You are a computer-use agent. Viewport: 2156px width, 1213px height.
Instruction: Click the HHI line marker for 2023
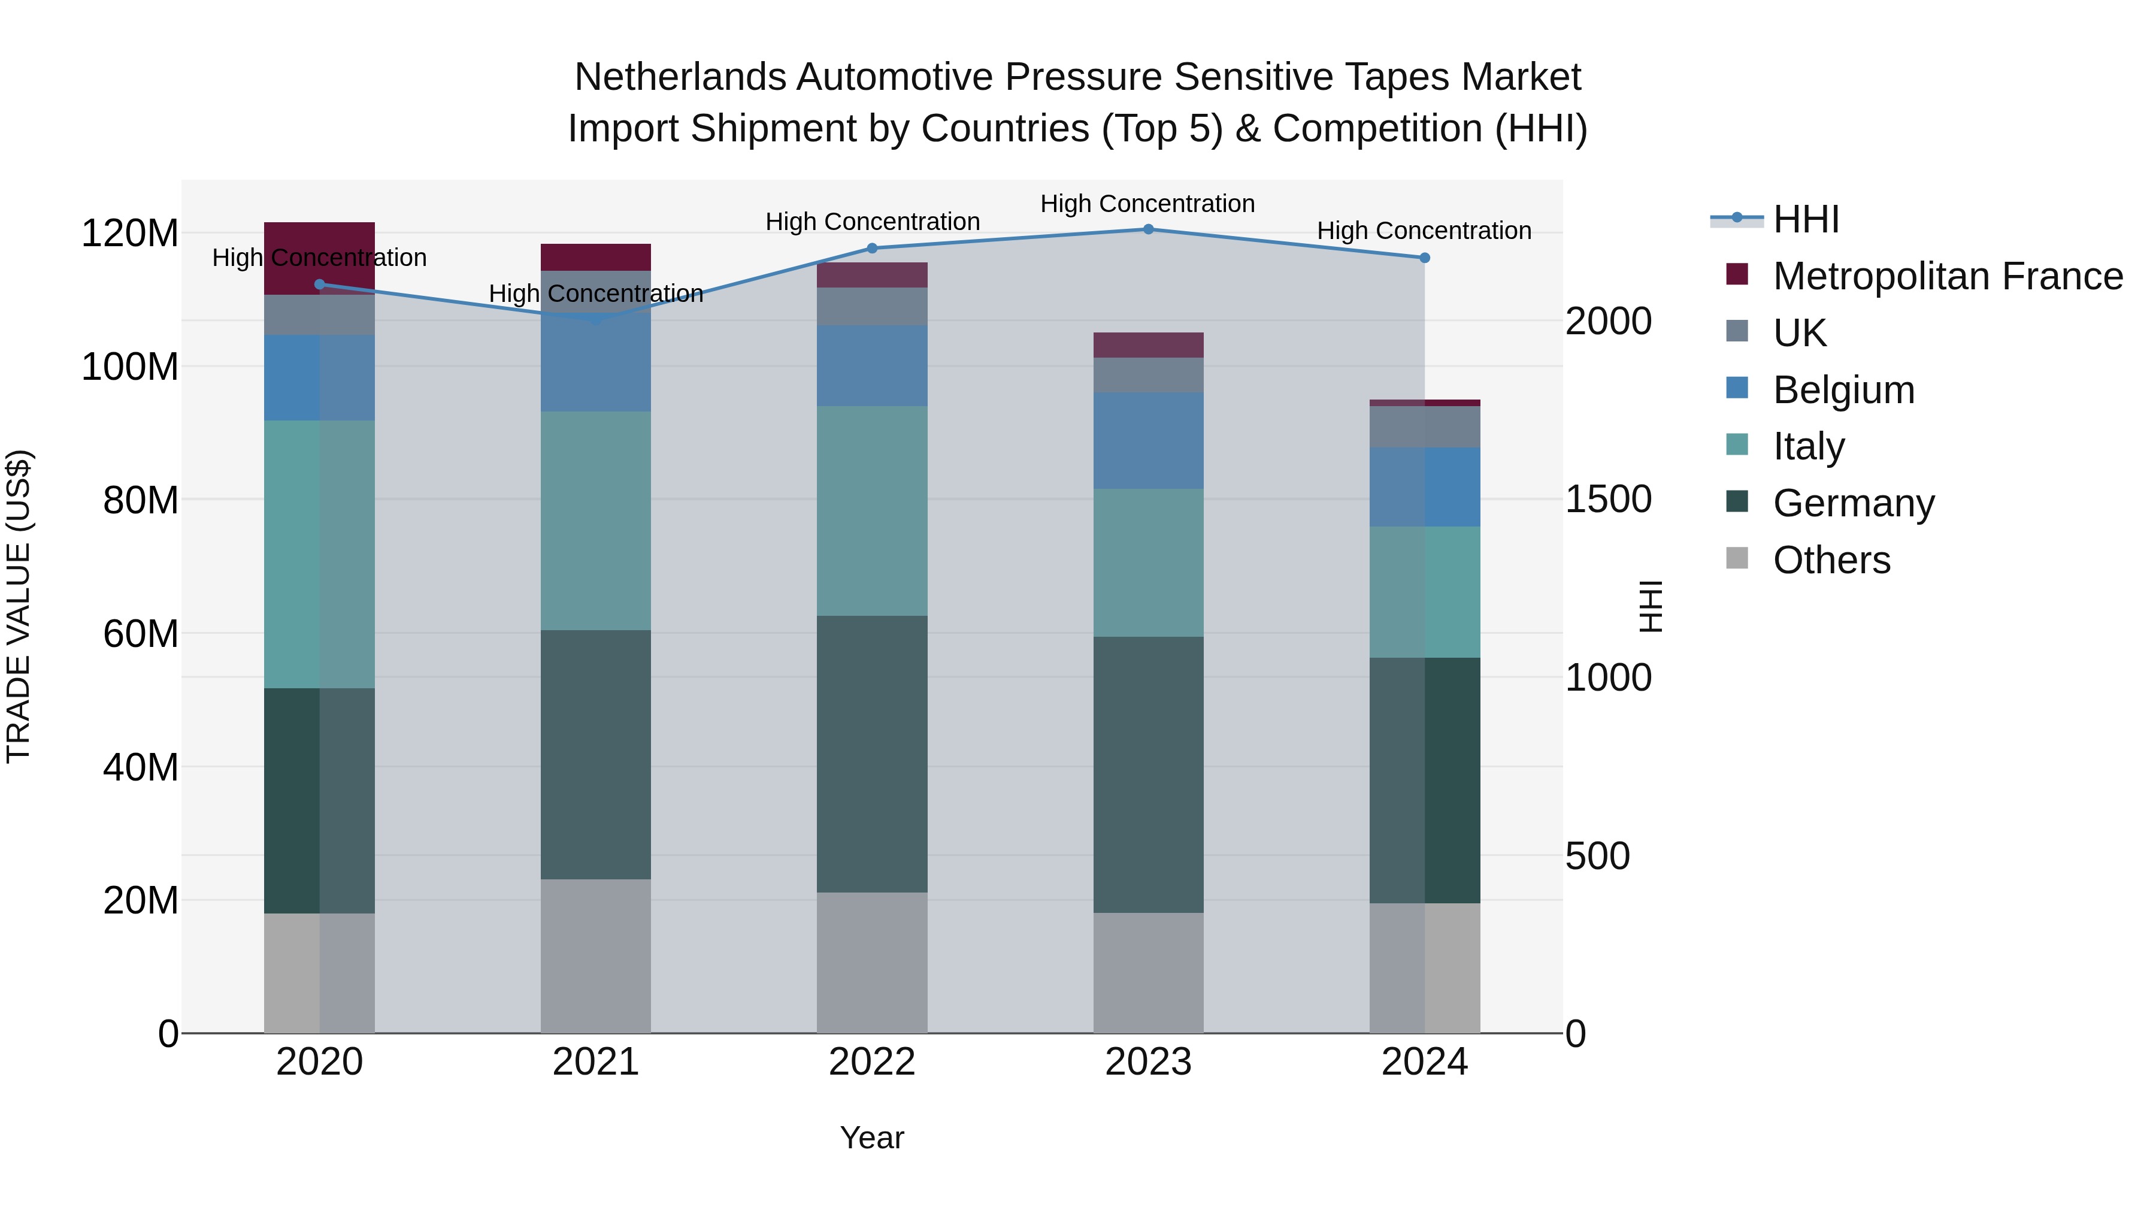[x=1148, y=229]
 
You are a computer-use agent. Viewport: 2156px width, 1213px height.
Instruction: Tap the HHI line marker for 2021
[x=596, y=320]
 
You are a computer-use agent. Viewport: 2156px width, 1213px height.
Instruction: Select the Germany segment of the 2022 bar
[x=872, y=754]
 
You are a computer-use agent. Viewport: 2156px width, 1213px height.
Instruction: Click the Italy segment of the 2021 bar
[x=596, y=520]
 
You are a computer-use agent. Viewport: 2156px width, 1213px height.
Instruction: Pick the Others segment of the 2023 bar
[x=1148, y=973]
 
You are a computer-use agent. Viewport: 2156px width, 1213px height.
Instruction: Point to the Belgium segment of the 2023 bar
[x=1148, y=440]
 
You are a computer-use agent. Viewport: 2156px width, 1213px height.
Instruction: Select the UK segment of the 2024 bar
[x=1425, y=427]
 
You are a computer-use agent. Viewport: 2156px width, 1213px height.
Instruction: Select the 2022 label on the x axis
[x=872, y=1062]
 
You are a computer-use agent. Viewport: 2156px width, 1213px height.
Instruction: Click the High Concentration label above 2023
[x=1147, y=204]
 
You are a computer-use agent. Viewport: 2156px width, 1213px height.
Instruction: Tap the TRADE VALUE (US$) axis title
[x=19, y=606]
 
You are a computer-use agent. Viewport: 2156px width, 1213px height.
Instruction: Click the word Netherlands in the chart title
[x=680, y=77]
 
